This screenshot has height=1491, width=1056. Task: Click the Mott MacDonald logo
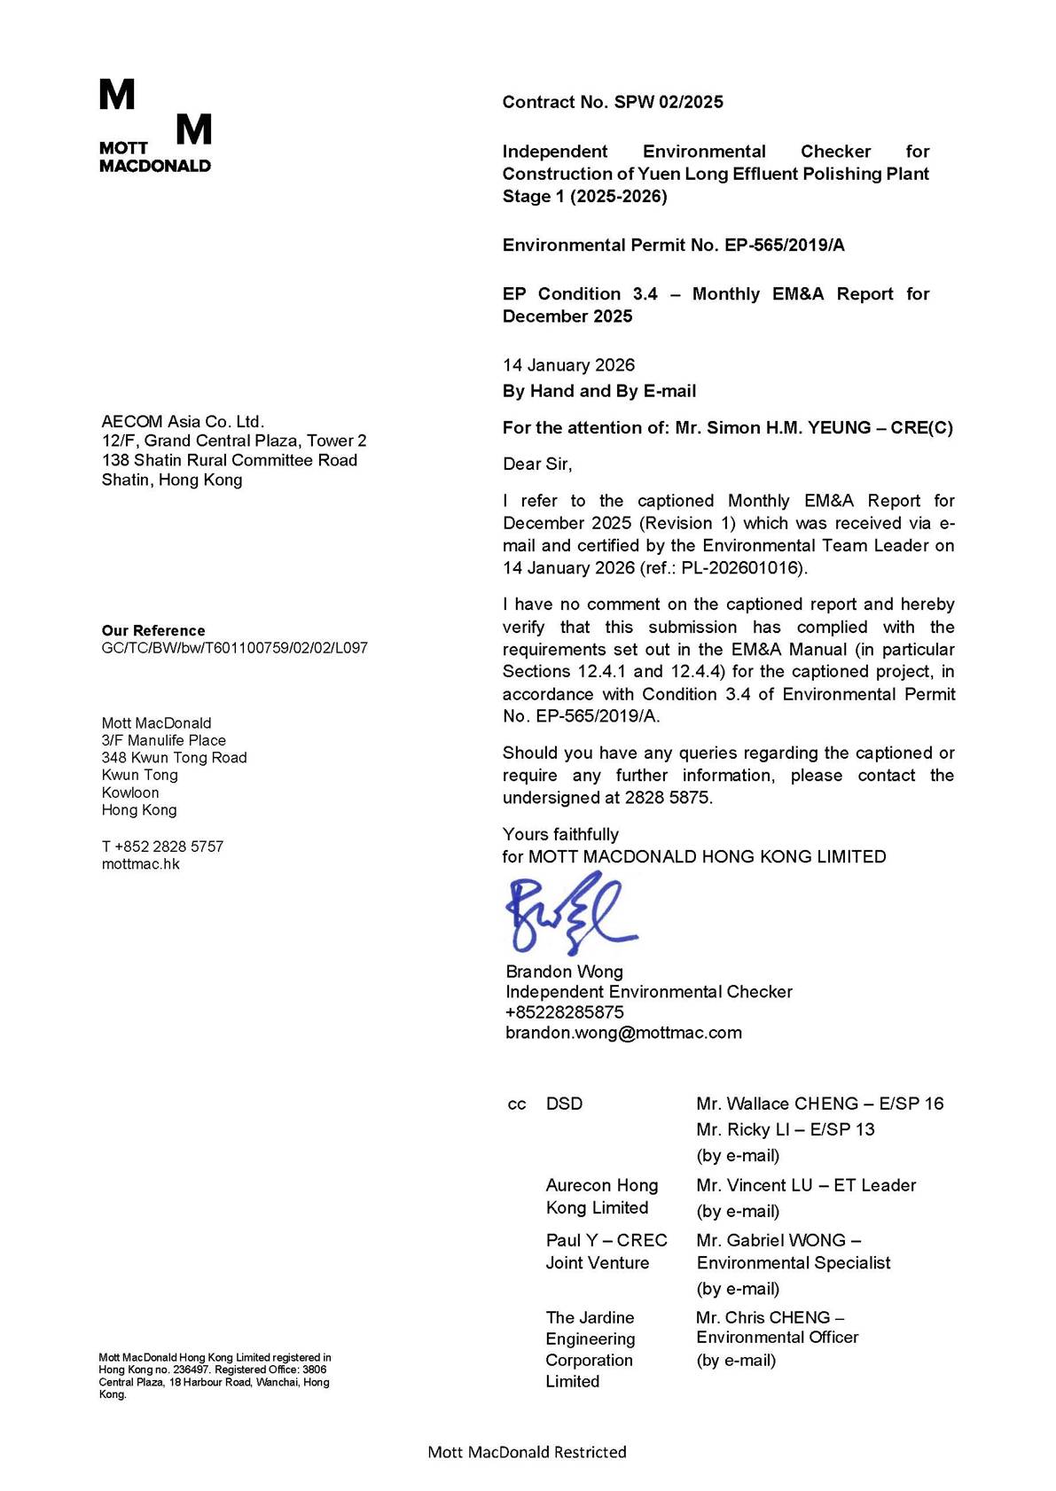[x=155, y=126]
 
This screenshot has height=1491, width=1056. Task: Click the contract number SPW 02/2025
[x=669, y=102]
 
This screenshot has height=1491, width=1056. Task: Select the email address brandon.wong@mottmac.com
[x=623, y=1033]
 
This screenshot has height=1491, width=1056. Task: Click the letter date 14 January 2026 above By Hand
[x=568, y=365]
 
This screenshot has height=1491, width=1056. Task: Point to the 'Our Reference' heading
[x=153, y=630]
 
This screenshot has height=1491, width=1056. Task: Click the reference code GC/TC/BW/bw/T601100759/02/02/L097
[x=234, y=648]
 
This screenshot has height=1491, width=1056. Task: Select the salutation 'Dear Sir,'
[x=537, y=464]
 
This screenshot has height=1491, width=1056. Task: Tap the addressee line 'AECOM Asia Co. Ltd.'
[x=183, y=422]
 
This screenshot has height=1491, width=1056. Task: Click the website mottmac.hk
[x=140, y=864]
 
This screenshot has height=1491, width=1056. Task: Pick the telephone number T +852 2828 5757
[x=162, y=847]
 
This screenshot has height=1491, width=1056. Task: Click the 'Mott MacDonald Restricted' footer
[x=527, y=1452]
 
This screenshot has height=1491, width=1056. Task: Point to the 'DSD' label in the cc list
[x=564, y=1104]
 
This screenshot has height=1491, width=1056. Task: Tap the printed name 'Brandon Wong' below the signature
[x=564, y=972]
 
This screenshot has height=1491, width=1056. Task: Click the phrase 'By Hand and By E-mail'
[x=598, y=391]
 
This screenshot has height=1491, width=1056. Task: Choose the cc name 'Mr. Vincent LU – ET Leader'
[x=806, y=1185]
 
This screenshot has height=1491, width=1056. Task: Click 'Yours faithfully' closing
[x=560, y=834]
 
